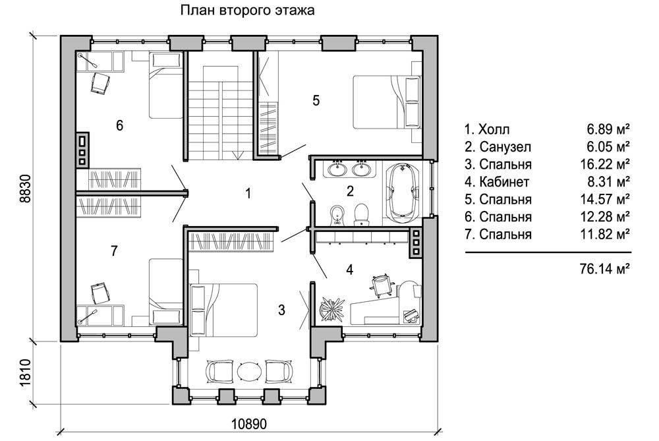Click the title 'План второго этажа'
247,10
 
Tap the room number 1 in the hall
248,193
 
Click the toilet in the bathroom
361,214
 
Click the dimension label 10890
249,424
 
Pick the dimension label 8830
25,189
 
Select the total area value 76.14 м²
604,269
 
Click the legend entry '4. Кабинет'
497,182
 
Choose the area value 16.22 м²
605,163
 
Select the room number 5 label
316,100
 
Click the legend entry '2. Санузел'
498,146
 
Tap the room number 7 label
114,250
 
